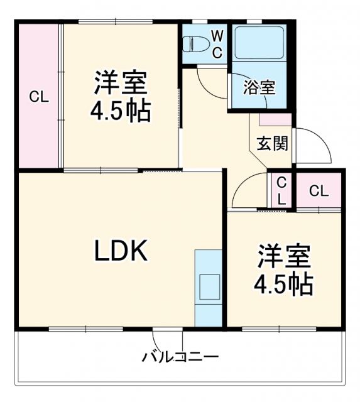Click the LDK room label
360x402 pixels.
(121, 252)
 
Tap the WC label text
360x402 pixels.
(216, 43)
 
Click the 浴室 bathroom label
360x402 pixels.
(259, 87)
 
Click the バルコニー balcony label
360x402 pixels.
(180, 358)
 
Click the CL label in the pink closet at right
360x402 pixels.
(319, 192)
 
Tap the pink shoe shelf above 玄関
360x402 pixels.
(275, 119)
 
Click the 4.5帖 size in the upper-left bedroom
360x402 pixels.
(121, 111)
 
